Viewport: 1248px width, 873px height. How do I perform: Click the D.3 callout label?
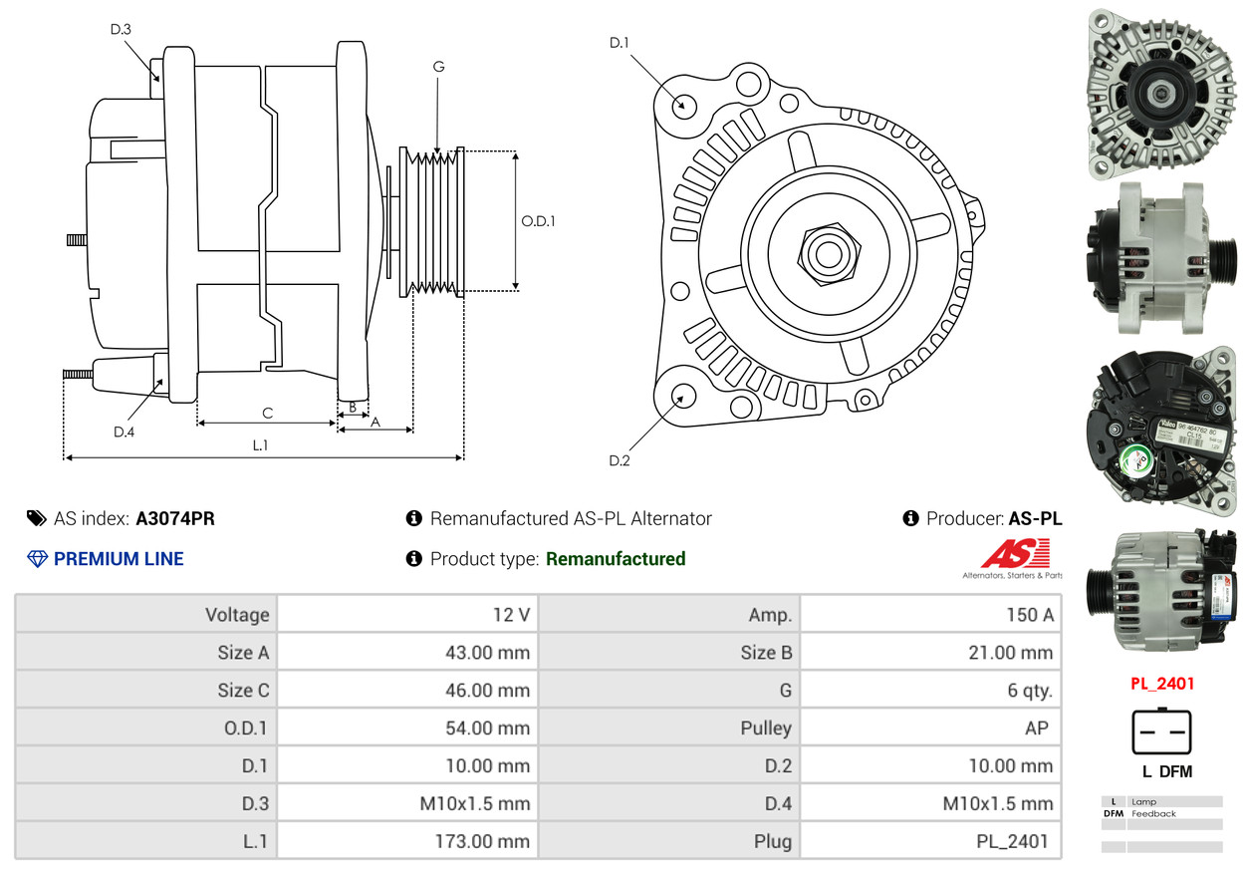pyautogui.click(x=121, y=29)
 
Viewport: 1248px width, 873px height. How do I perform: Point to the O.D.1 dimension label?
pyautogui.click(x=539, y=221)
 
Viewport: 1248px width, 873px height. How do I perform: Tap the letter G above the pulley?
pyautogui.click(x=438, y=67)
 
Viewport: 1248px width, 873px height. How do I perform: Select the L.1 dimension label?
pyautogui.click(x=260, y=445)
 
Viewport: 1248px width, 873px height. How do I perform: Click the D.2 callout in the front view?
pyautogui.click(x=620, y=460)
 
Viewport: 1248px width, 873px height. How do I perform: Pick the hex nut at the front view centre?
pyautogui.click(x=828, y=251)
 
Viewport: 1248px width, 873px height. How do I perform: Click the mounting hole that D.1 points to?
pyautogui.click(x=683, y=106)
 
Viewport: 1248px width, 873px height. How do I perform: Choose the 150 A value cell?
pyautogui.click(x=931, y=614)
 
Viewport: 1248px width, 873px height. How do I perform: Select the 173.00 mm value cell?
pyautogui.click(x=407, y=841)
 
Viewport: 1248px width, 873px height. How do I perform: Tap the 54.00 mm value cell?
pyautogui.click(x=407, y=727)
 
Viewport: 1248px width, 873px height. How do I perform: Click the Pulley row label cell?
pyautogui.click(x=669, y=727)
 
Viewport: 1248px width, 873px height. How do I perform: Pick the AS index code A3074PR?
pyautogui.click(x=175, y=518)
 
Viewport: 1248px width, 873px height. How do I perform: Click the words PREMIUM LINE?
pyautogui.click(x=119, y=559)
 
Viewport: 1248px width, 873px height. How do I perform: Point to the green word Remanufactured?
pyautogui.click(x=616, y=559)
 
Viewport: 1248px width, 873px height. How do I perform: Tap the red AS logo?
pyautogui.click(x=1013, y=555)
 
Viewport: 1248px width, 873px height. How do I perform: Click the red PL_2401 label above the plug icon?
pyautogui.click(x=1161, y=684)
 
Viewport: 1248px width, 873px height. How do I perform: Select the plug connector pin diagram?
pyautogui.click(x=1161, y=732)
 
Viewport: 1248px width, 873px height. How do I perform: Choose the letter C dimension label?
pyautogui.click(x=267, y=413)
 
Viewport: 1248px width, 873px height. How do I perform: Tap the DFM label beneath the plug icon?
pyautogui.click(x=1176, y=771)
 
